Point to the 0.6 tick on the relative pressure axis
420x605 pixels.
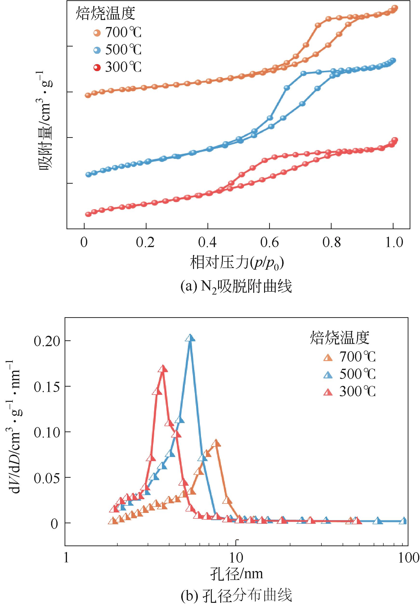[x=269, y=242]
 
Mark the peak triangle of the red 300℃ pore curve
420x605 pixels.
[x=163, y=369]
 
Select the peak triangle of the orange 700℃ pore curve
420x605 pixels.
[x=216, y=443]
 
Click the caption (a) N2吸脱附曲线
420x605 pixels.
[x=236, y=287]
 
